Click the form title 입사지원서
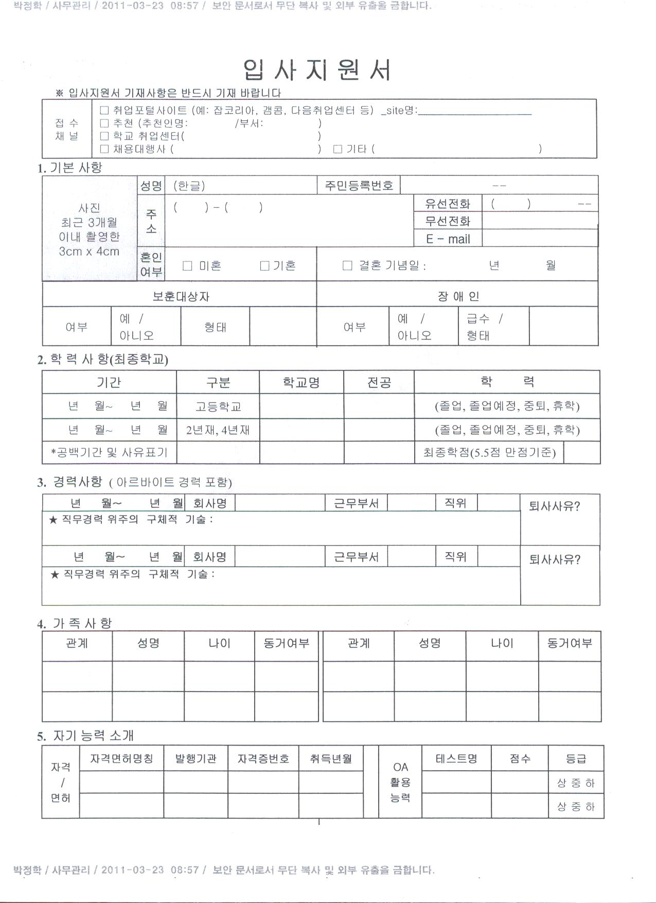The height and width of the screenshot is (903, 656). [x=316, y=70]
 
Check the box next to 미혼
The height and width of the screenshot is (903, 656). [x=188, y=265]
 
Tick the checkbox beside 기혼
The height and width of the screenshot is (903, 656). [x=265, y=265]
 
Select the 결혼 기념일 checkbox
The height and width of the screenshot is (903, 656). [x=347, y=265]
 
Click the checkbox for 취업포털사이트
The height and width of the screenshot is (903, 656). [x=104, y=110]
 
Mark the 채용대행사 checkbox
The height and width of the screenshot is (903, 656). [x=104, y=149]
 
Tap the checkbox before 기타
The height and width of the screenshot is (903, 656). [x=338, y=149]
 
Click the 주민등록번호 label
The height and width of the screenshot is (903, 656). [x=359, y=186]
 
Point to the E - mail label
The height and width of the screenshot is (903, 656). [x=448, y=239]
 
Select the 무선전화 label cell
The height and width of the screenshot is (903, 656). [x=448, y=221]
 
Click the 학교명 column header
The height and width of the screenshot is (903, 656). [x=302, y=382]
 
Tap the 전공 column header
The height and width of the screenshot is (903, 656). [x=379, y=382]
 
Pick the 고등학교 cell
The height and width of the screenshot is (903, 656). [x=218, y=406]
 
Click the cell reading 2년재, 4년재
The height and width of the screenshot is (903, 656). [x=218, y=430]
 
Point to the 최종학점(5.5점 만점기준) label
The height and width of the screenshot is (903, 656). [x=489, y=453]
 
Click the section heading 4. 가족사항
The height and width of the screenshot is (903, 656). [x=75, y=624]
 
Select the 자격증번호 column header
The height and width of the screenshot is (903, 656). [x=263, y=758]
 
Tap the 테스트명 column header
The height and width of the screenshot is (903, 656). [x=456, y=758]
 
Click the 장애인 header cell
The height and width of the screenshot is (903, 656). [x=458, y=296]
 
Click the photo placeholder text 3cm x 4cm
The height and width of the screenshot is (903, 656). [x=89, y=252]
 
